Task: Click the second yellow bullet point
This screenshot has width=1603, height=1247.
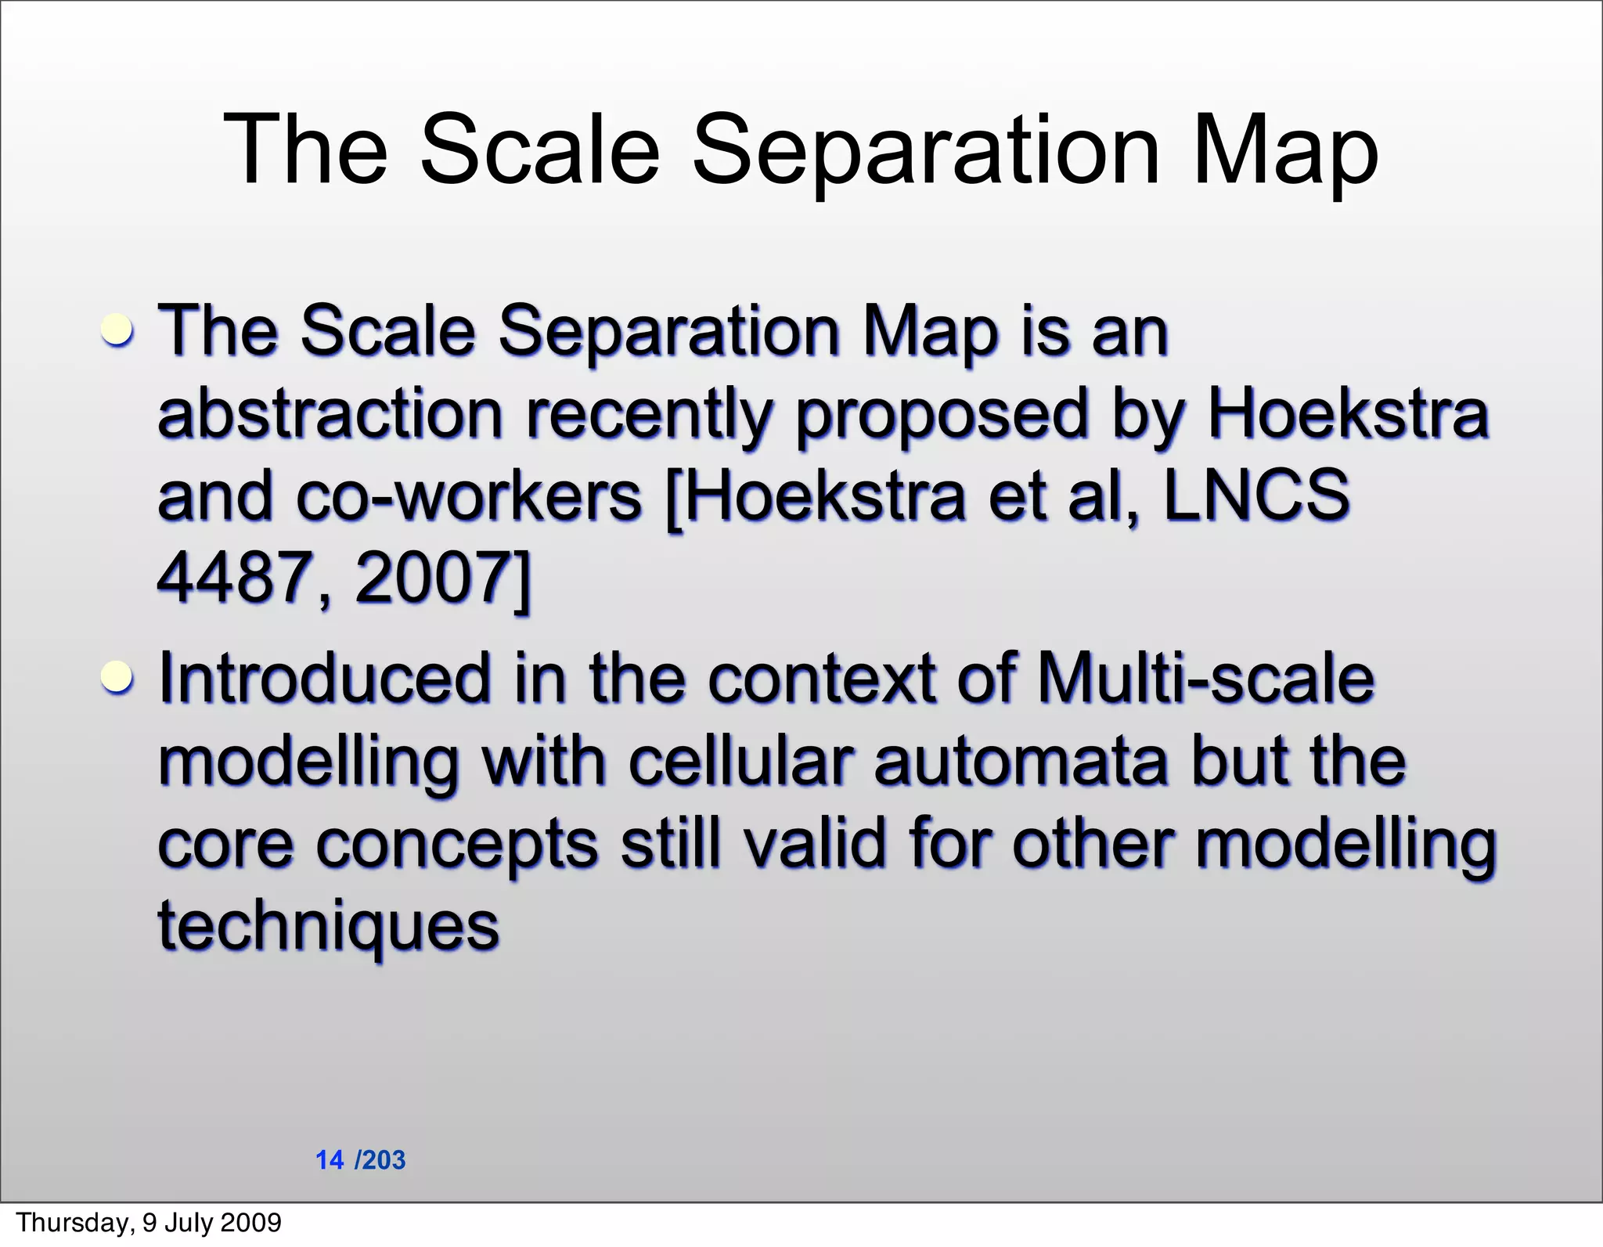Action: coord(117,676)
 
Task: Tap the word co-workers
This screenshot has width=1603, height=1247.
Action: coord(469,496)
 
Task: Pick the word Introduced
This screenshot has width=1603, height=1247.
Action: coord(324,678)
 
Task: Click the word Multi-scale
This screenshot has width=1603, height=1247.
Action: coord(1205,678)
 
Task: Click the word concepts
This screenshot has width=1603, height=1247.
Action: coord(457,845)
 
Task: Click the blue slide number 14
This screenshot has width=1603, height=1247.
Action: coord(330,1160)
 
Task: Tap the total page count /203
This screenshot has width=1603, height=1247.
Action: coord(380,1160)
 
